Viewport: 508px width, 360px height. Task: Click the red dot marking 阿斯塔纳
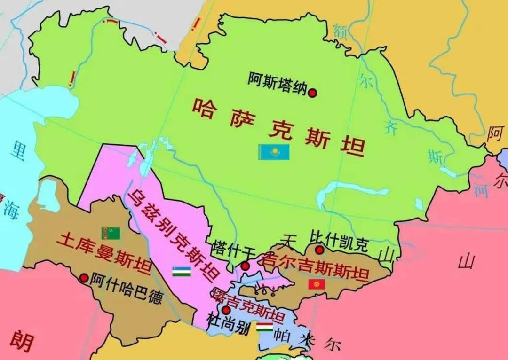click(312, 93)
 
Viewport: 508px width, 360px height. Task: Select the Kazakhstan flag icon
click(274, 152)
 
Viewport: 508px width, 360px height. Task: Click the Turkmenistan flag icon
click(111, 233)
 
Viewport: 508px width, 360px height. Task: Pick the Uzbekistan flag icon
click(181, 271)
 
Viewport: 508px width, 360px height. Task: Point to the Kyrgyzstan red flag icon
click(317, 284)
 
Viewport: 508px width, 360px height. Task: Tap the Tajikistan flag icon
click(265, 327)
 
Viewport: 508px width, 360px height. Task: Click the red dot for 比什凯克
click(319, 250)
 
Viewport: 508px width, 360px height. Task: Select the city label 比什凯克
click(339, 239)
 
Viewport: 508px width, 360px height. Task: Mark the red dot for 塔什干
click(245, 266)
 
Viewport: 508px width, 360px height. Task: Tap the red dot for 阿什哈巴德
click(84, 278)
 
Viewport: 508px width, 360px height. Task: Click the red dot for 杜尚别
click(226, 310)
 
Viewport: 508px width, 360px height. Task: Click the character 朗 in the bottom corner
click(22, 341)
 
